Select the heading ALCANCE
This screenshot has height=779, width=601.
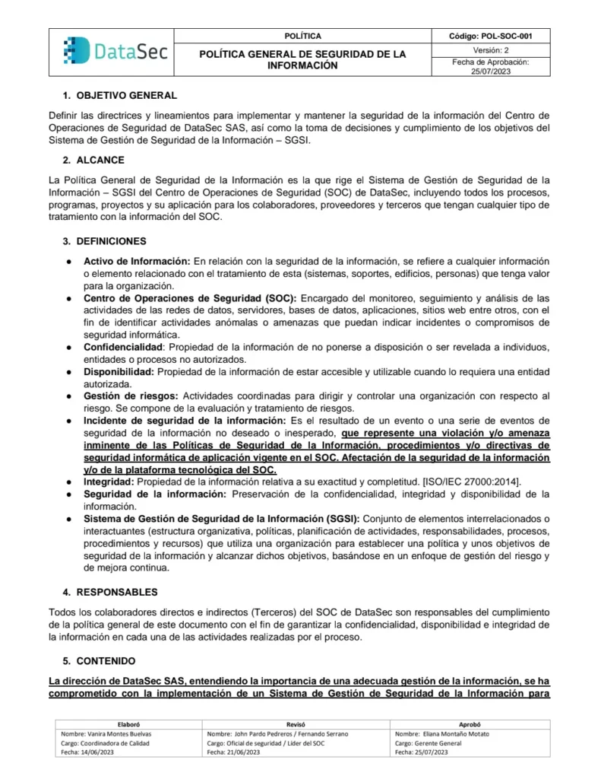[100, 161]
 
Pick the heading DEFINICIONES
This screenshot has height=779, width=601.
[111, 241]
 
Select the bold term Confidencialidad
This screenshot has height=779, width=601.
[125, 347]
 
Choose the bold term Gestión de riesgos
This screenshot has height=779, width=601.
[131, 396]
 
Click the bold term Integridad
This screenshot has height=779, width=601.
[109, 482]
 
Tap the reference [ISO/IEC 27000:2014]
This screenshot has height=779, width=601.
[467, 482]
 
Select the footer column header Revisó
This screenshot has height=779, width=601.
[296, 724]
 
